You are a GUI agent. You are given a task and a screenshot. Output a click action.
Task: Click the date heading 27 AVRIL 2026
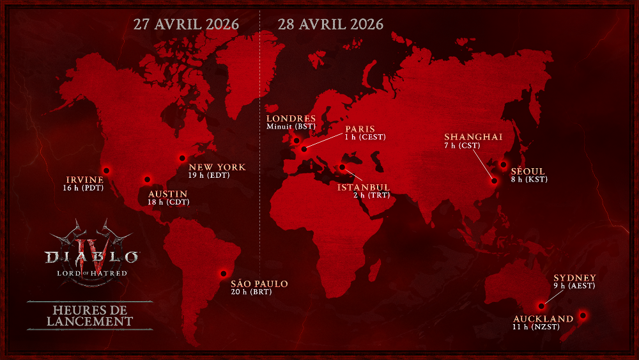coord(186,25)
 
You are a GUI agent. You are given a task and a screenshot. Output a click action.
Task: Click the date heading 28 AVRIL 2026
coord(331,25)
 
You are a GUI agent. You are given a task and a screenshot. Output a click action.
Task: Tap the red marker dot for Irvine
coord(107,170)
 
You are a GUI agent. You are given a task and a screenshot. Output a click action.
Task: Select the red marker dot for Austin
coord(148,180)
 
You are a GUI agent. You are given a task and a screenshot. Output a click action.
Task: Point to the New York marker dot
coord(182,157)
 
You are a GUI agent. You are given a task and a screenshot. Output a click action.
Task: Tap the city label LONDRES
coord(291,118)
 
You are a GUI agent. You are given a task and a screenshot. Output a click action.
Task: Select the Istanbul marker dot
coord(343,168)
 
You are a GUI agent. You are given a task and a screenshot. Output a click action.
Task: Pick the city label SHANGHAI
coord(473,137)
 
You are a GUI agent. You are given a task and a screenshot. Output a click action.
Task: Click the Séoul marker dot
coord(503,165)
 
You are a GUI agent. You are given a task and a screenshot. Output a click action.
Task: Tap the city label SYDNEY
coord(575,278)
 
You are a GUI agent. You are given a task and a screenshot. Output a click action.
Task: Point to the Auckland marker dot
coord(582,315)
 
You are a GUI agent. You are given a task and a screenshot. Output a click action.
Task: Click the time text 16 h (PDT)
coord(83,189)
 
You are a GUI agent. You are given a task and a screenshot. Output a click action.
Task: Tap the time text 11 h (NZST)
coord(535,327)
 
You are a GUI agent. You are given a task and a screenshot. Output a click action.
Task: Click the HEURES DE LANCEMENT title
coord(90,315)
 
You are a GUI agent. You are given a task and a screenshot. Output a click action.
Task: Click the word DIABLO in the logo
coord(91,257)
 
